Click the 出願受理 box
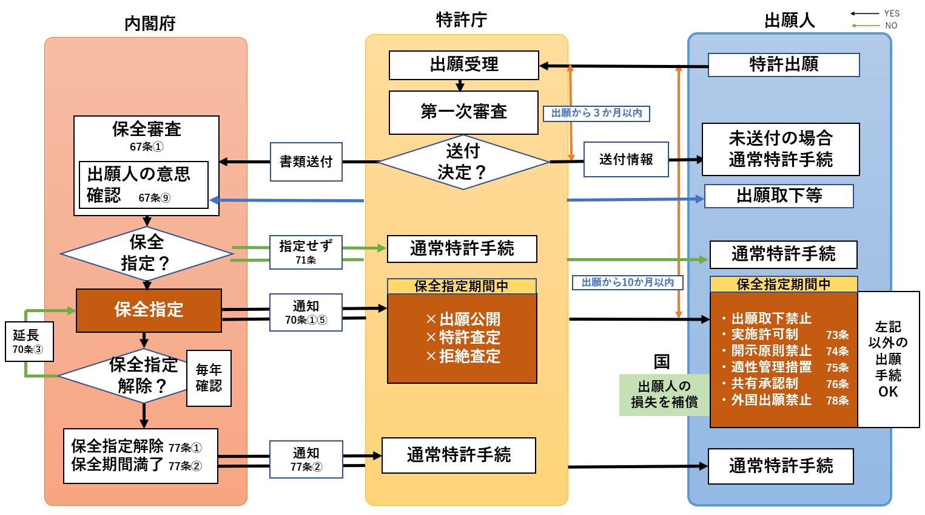click(x=463, y=65)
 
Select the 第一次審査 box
click(x=463, y=112)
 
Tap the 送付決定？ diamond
click(x=463, y=162)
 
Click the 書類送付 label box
click(x=306, y=162)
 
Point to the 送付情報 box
click(x=626, y=160)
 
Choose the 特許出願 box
click(x=784, y=65)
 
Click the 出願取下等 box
click(x=779, y=196)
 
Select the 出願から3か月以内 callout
click(x=596, y=114)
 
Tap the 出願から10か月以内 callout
click(x=628, y=282)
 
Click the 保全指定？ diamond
click(x=146, y=253)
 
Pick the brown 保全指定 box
click(x=149, y=310)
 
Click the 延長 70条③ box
click(x=29, y=341)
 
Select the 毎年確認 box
click(x=209, y=378)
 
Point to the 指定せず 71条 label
click(x=306, y=252)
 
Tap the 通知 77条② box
click(x=306, y=459)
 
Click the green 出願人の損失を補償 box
click(x=664, y=395)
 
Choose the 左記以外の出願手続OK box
click(x=888, y=360)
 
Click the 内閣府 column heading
click(x=150, y=24)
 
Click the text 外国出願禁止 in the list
click(x=771, y=400)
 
